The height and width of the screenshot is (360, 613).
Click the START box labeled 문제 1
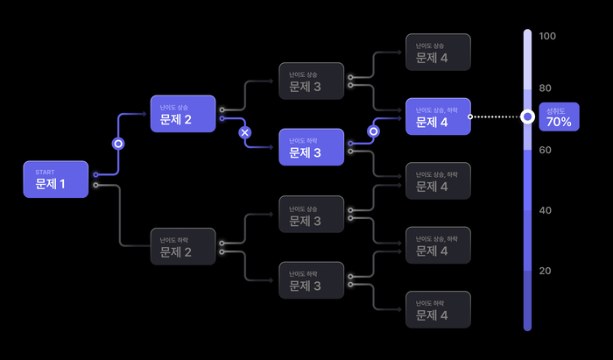56,180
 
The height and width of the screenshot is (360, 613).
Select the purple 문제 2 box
182,114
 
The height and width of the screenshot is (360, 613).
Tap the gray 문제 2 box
182,247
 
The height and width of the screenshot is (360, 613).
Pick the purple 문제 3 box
311,147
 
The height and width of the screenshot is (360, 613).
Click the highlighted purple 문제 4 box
438,116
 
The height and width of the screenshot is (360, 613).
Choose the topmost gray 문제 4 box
438,53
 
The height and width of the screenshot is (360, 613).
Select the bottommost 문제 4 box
438,309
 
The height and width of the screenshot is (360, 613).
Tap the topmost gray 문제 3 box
311,81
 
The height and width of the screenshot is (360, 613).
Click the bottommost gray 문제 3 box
311,280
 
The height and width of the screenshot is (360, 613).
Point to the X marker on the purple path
245,132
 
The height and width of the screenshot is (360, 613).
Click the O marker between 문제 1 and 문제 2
118,144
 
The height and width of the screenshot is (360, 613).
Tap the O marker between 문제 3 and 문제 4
373,131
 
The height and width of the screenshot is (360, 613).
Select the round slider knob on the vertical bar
527,116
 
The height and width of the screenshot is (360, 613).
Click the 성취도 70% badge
558,116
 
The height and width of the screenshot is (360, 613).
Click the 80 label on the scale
546,88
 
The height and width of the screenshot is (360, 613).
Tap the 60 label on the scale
546,150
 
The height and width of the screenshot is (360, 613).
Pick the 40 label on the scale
546,210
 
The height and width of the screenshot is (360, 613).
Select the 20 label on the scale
546,271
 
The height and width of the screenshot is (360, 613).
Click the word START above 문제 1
45,172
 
